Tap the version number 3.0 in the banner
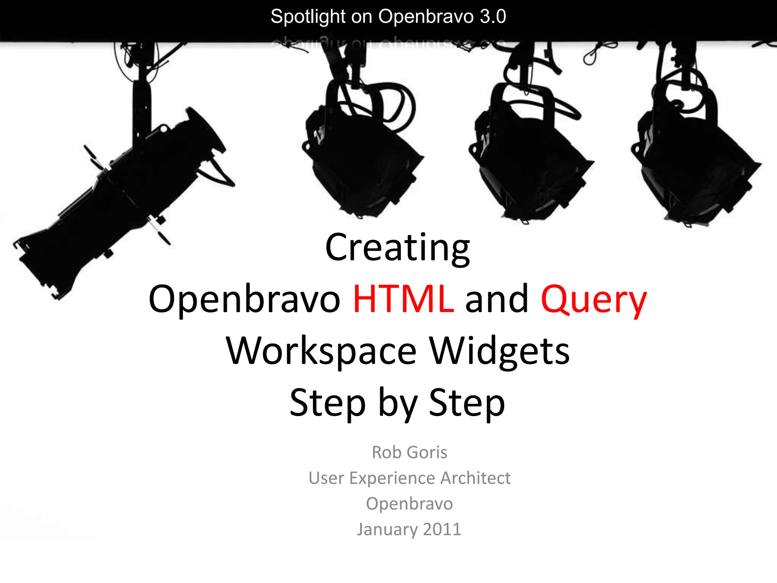coord(492,17)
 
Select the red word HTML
coord(403,299)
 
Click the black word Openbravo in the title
coord(245,299)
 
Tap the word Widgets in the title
coord(499,351)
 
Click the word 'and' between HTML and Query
coord(497,299)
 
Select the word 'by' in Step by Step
coord(398,404)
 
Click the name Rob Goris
coord(409,452)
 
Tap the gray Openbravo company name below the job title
coord(409,504)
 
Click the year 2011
coord(442,529)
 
